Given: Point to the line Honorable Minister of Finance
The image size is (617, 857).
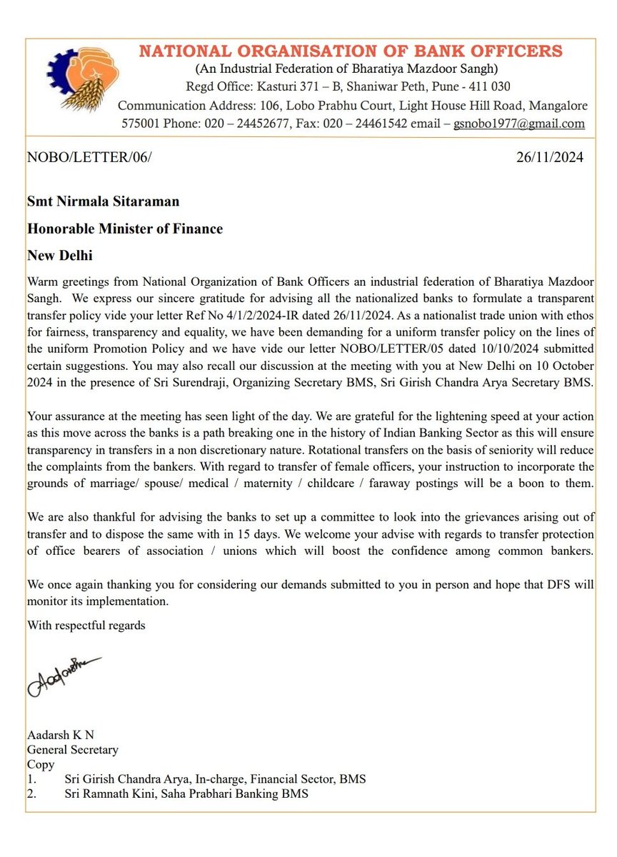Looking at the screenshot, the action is coord(125,229).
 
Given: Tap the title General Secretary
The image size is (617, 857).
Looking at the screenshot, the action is coord(72,751).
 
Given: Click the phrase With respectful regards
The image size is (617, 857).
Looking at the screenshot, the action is coord(86,626).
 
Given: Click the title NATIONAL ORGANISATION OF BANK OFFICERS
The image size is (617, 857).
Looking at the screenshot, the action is coord(350,51).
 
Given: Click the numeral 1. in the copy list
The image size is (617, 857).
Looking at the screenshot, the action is coord(32,779).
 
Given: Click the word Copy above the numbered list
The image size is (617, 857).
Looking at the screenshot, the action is coord(40,765).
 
